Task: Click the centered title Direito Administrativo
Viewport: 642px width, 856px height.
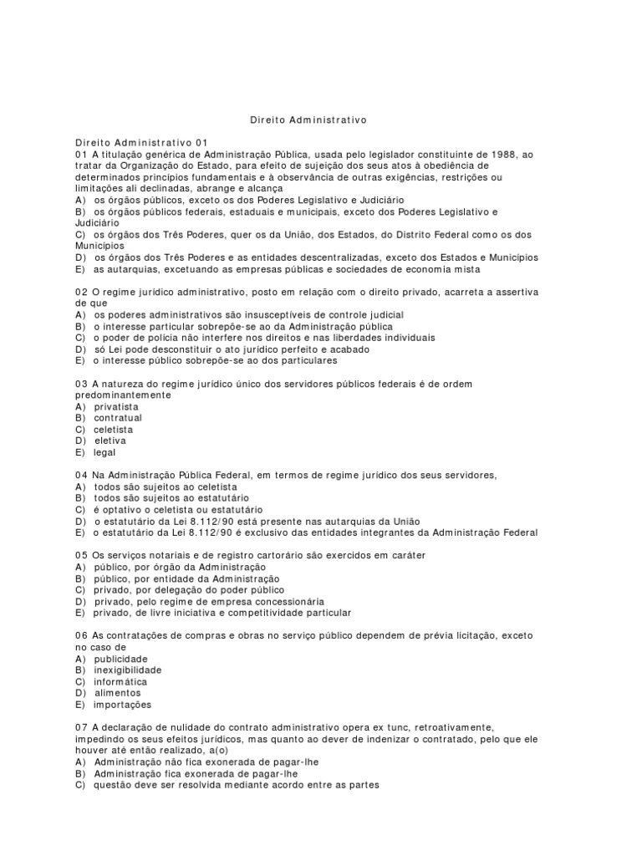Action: [x=308, y=120]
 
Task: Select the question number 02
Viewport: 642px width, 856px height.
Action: [x=81, y=291]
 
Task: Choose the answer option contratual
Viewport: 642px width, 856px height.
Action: [x=118, y=418]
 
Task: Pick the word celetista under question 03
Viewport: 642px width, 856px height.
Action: [x=113, y=430]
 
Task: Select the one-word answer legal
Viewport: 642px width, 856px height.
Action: [x=104, y=452]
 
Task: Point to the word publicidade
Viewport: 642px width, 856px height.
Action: [x=121, y=659]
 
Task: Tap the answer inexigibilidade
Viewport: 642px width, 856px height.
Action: [x=128, y=670]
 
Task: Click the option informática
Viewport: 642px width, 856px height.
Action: [x=120, y=681]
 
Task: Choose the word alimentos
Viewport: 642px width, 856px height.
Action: [x=117, y=693]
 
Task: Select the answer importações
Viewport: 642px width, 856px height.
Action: [x=122, y=705]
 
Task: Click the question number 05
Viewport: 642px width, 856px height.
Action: [x=81, y=555]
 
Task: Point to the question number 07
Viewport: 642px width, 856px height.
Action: [x=81, y=727]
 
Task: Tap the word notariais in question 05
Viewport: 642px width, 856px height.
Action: [x=169, y=555]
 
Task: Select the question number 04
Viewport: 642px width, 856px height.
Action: [x=81, y=475]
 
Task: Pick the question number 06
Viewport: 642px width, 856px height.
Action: [x=81, y=636]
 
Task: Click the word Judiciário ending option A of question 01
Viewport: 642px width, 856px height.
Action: [x=380, y=201]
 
